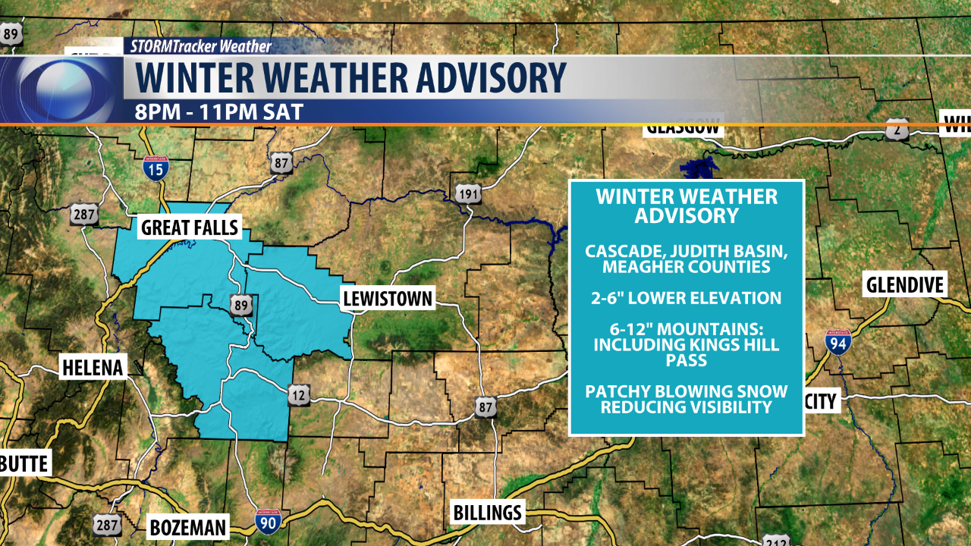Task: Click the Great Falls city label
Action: pyautogui.click(x=190, y=227)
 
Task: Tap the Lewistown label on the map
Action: pyautogui.click(x=387, y=298)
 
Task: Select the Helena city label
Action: pyautogui.click(x=92, y=369)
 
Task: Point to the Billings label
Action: pyautogui.click(x=487, y=512)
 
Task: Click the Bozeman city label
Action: pyautogui.click(x=187, y=527)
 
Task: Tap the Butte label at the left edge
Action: pyautogui.click(x=24, y=463)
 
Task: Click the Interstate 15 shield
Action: pyautogui.click(x=155, y=168)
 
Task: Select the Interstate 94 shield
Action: pyautogui.click(x=838, y=343)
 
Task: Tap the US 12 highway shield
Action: pyautogui.click(x=299, y=394)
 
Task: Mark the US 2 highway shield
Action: pyautogui.click(x=897, y=129)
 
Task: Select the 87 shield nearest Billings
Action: pyautogui.click(x=485, y=408)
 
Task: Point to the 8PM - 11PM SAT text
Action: pyautogui.click(x=219, y=112)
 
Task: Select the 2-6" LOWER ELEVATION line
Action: pyautogui.click(x=687, y=298)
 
